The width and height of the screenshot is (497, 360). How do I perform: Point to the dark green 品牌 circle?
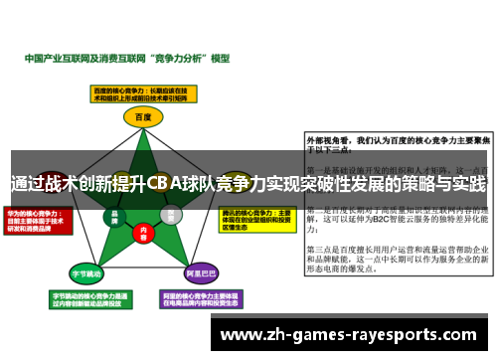(114, 215)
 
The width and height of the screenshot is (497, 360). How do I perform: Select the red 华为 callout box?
(38, 221)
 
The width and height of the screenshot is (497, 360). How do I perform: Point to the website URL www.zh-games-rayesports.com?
(354, 335)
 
